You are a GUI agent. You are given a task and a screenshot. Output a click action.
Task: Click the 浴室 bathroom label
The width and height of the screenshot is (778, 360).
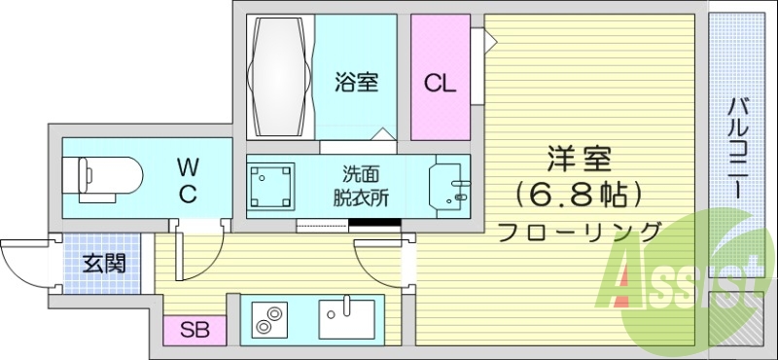(355, 82)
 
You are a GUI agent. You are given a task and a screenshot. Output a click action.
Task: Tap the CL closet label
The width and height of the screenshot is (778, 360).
(439, 83)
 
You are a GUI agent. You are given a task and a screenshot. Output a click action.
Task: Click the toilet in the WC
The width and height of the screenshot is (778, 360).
(102, 178)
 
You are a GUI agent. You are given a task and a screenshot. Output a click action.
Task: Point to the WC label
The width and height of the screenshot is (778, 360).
(188, 180)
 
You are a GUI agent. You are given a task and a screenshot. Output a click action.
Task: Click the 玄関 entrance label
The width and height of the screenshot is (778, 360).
(102, 263)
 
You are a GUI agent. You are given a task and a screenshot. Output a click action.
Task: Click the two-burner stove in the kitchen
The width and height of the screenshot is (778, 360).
(267, 317)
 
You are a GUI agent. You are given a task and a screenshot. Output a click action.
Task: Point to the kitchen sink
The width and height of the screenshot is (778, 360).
(346, 316)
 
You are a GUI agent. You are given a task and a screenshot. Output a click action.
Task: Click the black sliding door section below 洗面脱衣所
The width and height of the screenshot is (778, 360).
(374, 229)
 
